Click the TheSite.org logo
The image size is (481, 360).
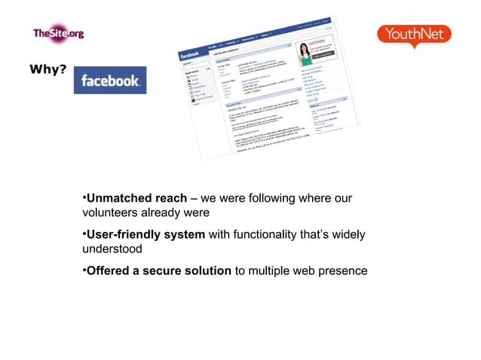click(57, 33)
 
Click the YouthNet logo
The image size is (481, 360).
click(414, 35)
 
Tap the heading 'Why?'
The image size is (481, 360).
click(47, 70)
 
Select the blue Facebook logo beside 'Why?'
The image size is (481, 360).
click(109, 81)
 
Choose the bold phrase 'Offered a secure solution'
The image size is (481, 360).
click(159, 270)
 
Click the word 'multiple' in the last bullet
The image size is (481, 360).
click(273, 270)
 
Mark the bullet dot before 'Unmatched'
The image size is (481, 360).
click(84, 199)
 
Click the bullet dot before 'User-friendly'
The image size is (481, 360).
click(84, 235)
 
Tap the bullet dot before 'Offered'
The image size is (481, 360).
click(84, 270)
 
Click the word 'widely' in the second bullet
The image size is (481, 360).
click(348, 235)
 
